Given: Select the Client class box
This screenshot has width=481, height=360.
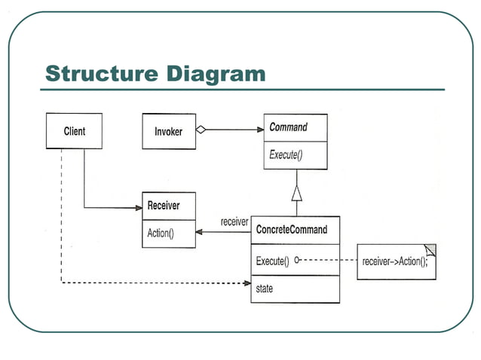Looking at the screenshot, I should (74, 131).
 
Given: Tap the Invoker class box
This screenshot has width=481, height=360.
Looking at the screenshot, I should (168, 131).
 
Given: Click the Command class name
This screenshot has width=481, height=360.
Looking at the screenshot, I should (288, 127).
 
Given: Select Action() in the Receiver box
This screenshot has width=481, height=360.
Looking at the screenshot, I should (161, 233).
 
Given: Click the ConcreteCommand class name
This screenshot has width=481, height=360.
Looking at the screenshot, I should (292, 230).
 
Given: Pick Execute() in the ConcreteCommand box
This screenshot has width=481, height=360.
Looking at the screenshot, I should (272, 261).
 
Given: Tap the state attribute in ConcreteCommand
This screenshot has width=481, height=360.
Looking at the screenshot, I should (265, 288).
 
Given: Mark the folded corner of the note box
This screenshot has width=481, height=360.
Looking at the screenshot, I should (430, 249).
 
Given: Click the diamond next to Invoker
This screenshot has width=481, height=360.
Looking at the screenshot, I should (201, 130).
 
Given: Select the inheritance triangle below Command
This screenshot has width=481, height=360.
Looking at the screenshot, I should (297, 193).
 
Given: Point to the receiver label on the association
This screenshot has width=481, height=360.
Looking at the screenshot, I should (234, 222).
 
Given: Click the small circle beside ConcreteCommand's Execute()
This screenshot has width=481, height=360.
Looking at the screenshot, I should (297, 261).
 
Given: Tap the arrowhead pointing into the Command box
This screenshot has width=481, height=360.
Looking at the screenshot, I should (259, 130).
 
